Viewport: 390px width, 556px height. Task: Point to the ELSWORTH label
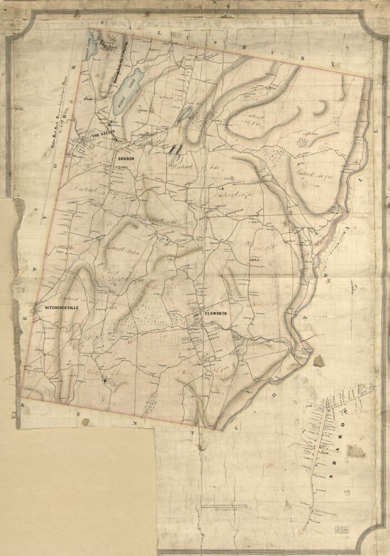216,314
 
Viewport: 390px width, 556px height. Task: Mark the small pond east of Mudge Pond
185,115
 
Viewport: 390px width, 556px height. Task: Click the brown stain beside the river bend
319,361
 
